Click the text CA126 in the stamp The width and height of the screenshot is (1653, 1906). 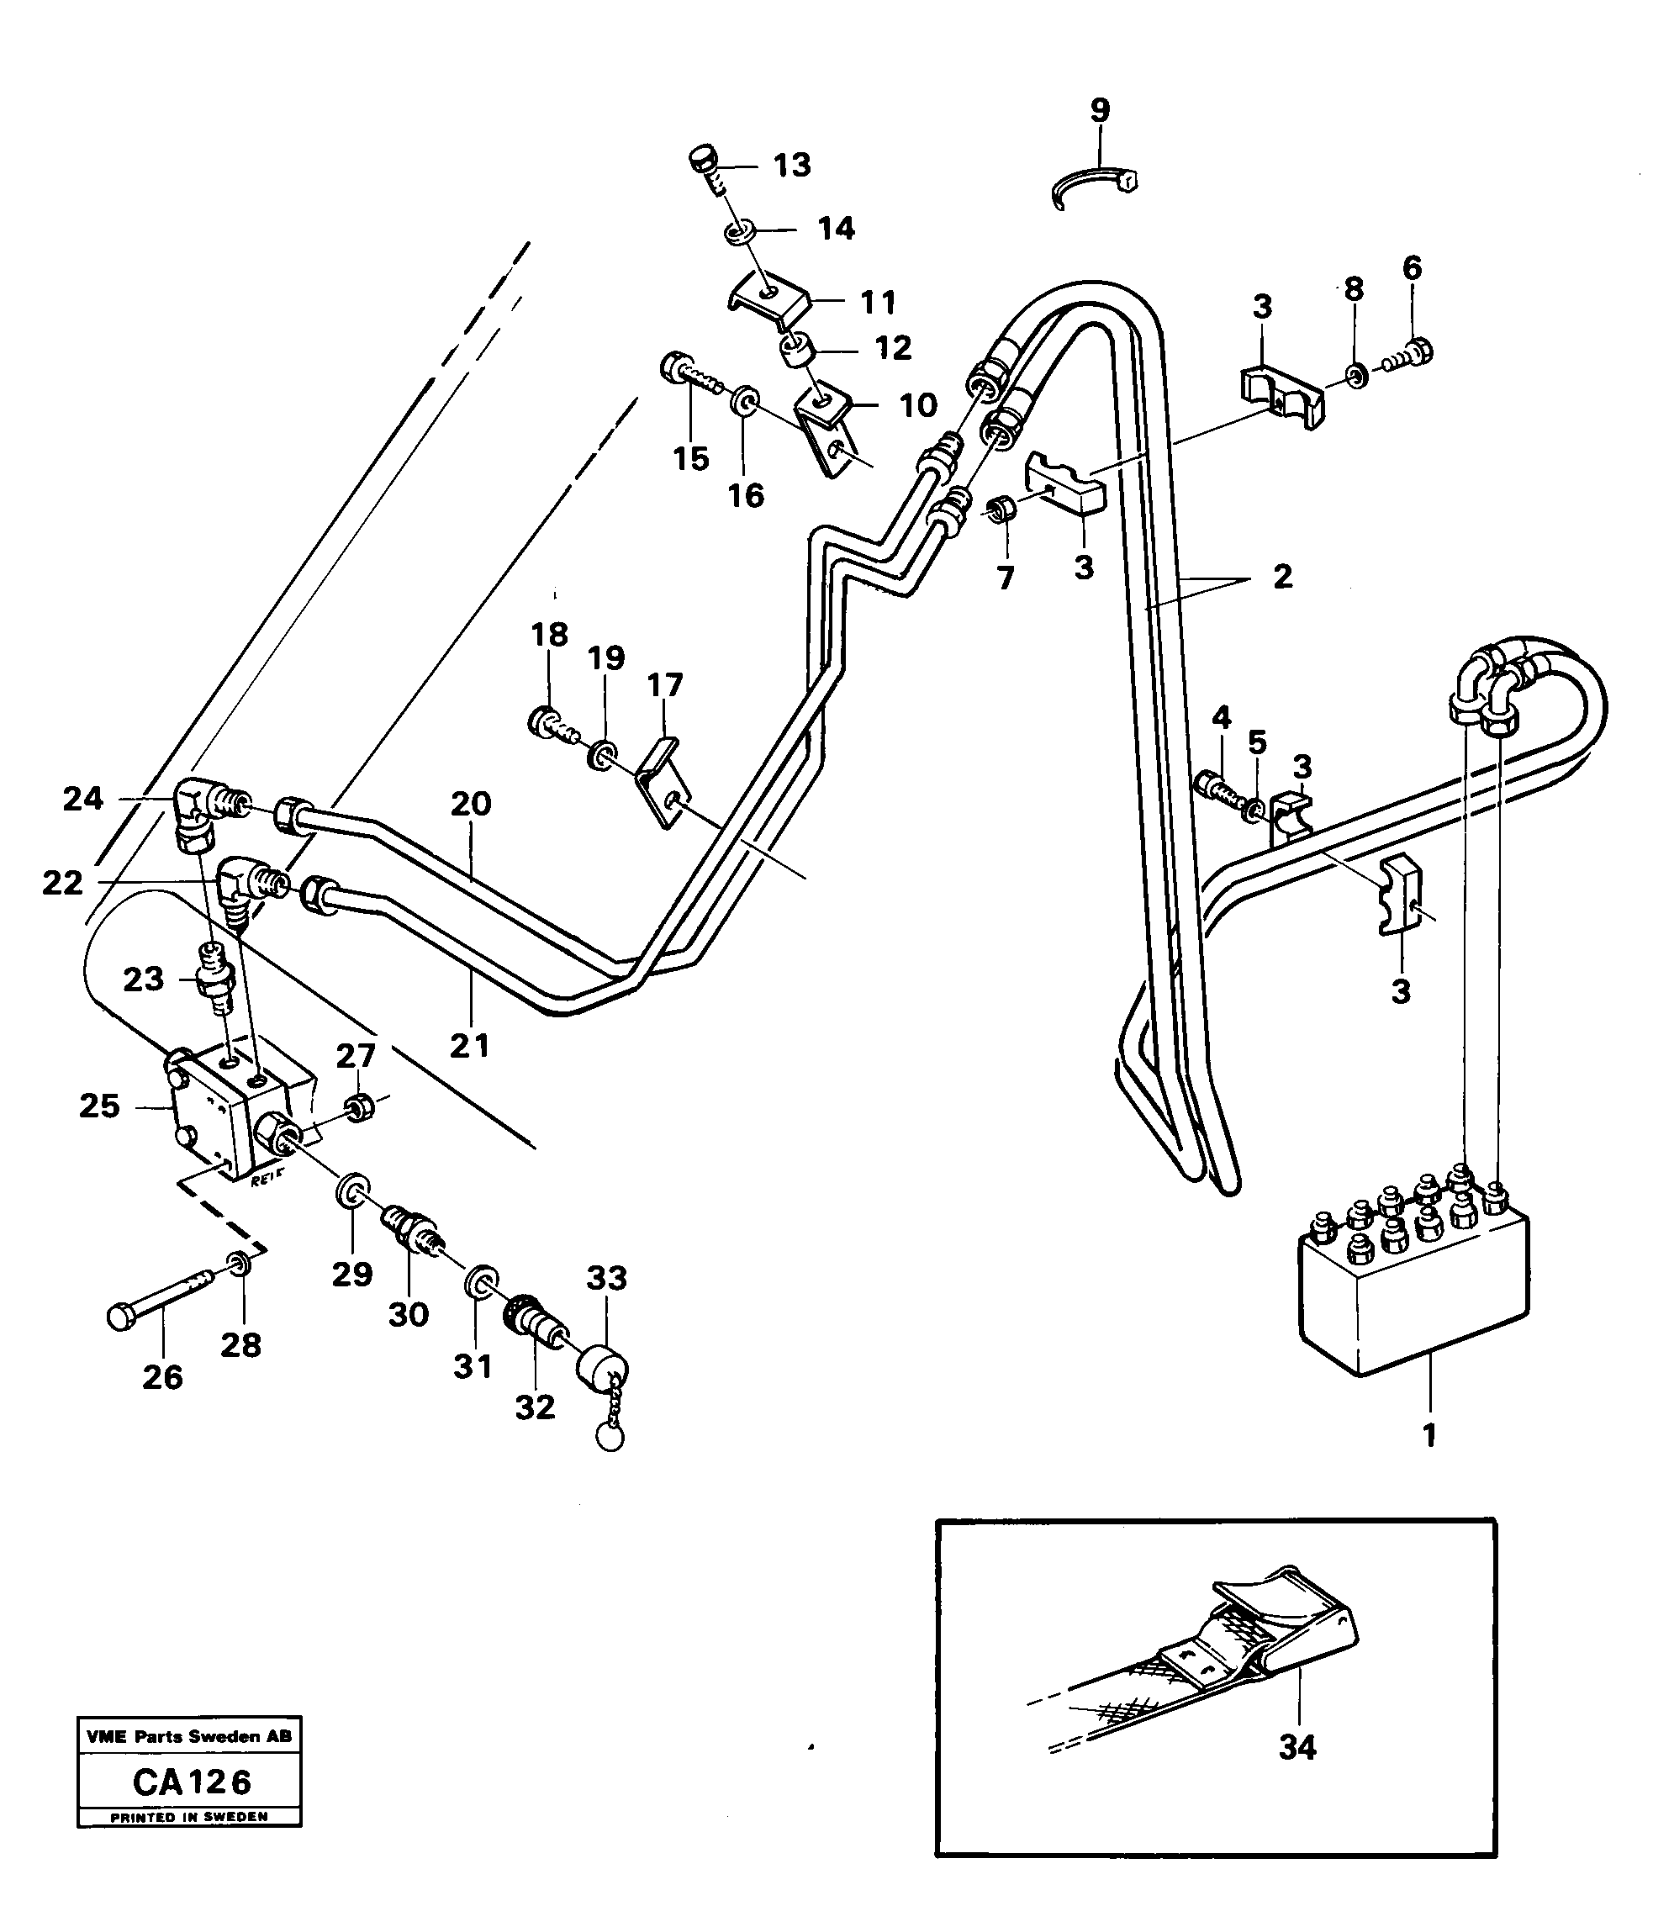[x=192, y=1782]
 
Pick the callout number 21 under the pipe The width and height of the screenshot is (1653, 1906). [x=468, y=1045]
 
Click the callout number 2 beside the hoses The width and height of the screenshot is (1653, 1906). [x=1282, y=578]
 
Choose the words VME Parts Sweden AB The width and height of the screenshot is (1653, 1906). [x=188, y=1736]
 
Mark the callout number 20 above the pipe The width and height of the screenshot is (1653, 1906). [x=471, y=804]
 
